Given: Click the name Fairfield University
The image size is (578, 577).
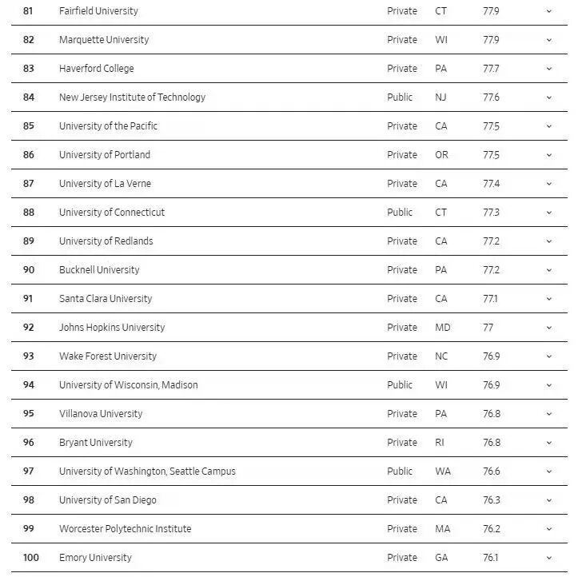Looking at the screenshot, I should point(98,11).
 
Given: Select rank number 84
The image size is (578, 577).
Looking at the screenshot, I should point(29,97).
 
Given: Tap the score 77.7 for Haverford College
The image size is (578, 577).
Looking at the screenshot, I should point(491,69).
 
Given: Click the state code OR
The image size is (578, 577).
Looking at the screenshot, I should point(441,155).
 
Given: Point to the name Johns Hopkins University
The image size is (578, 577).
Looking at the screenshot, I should point(112,328).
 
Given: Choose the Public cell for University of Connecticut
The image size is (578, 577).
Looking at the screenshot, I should point(400,213).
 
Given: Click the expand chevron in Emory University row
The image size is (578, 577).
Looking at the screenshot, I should point(549,558).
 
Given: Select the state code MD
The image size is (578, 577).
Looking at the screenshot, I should point(442,328).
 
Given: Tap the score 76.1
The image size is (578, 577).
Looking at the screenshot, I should point(491,558).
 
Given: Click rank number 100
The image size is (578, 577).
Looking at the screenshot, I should point(30,558).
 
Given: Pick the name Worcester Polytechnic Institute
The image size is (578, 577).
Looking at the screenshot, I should point(125,529).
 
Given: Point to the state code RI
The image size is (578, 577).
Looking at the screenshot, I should point(439,443).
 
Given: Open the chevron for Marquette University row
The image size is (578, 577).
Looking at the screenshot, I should point(549,40).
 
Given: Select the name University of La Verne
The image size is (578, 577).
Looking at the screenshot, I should point(105,184).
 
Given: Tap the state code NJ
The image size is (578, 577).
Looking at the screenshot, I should point(440,97).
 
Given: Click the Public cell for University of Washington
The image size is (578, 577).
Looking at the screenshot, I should point(400,472).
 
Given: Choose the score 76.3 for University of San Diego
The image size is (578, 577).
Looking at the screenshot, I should point(491,500).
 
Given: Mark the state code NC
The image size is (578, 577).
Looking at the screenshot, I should point(441,356).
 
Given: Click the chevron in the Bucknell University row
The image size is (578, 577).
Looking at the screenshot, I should point(549,270).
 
